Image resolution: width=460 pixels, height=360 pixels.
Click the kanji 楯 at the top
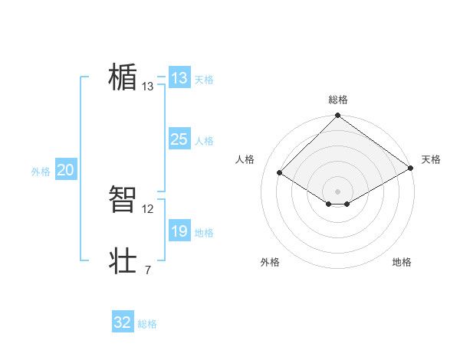(x=123, y=77)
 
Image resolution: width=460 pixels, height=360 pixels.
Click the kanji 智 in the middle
(x=123, y=200)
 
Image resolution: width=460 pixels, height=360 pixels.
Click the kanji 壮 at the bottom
(x=123, y=261)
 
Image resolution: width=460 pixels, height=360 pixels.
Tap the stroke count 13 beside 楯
(x=147, y=87)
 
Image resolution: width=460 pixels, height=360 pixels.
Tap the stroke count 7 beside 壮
(x=147, y=270)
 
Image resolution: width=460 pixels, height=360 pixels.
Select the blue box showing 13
(x=179, y=78)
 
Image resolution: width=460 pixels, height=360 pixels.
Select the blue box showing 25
(x=179, y=139)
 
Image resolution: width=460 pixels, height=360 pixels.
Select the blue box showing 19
(x=179, y=231)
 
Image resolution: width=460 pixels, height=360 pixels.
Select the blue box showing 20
(x=65, y=170)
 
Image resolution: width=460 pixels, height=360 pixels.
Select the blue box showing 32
(x=123, y=322)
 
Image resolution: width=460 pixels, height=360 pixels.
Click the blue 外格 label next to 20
(x=41, y=172)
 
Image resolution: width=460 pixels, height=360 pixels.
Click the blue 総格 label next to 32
(x=148, y=324)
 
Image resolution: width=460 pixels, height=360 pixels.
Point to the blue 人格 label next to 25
(x=204, y=141)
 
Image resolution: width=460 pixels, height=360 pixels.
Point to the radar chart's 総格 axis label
(x=338, y=100)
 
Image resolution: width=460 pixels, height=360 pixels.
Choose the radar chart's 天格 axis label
(x=431, y=159)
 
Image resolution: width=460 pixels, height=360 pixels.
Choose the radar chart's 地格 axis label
(x=402, y=262)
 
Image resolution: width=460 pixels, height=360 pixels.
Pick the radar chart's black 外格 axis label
(x=270, y=262)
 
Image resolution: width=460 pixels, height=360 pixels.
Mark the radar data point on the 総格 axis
(x=338, y=116)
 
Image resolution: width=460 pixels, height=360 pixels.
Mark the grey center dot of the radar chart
(x=338, y=191)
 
